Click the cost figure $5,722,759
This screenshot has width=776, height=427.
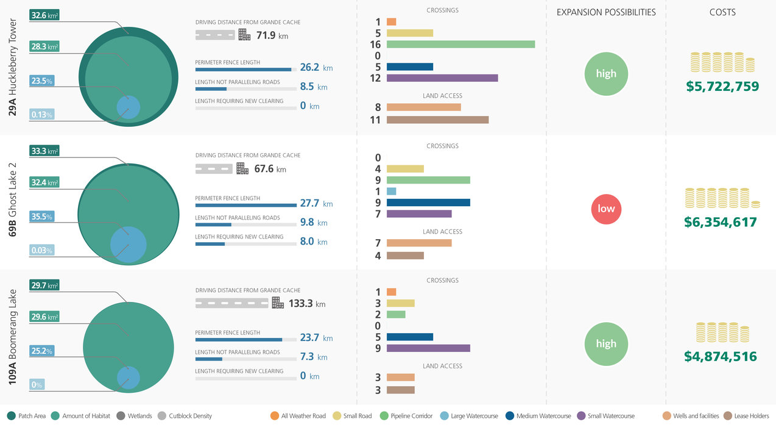tap(722, 87)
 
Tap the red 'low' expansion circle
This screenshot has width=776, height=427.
tap(606, 209)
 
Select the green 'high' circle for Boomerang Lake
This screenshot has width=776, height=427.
tap(606, 343)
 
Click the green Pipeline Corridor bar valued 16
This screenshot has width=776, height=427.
tap(460, 45)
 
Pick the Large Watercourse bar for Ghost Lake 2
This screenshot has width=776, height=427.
tap(391, 192)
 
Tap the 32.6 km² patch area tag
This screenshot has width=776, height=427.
tap(44, 15)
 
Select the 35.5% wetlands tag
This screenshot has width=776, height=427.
tap(42, 217)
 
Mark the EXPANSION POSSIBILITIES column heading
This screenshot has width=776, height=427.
tap(606, 12)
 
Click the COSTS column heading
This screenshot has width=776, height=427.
tap(722, 12)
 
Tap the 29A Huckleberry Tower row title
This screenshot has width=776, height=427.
tap(13, 67)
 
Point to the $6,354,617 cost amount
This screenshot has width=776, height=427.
tap(721, 222)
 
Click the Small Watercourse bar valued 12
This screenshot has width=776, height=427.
tap(442, 78)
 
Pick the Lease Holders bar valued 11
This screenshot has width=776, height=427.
tap(437, 120)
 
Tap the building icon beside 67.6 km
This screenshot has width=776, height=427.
tap(242, 168)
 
